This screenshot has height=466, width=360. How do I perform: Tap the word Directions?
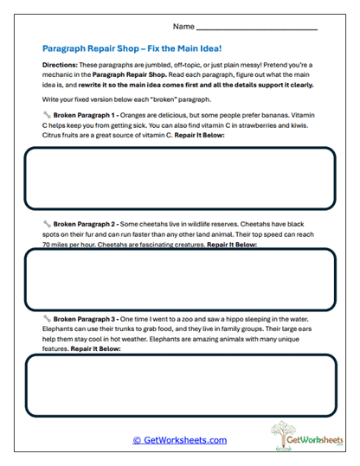(62, 66)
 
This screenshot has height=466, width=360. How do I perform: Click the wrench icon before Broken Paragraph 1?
(45, 114)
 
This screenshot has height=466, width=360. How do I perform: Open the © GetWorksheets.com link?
(180, 440)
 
